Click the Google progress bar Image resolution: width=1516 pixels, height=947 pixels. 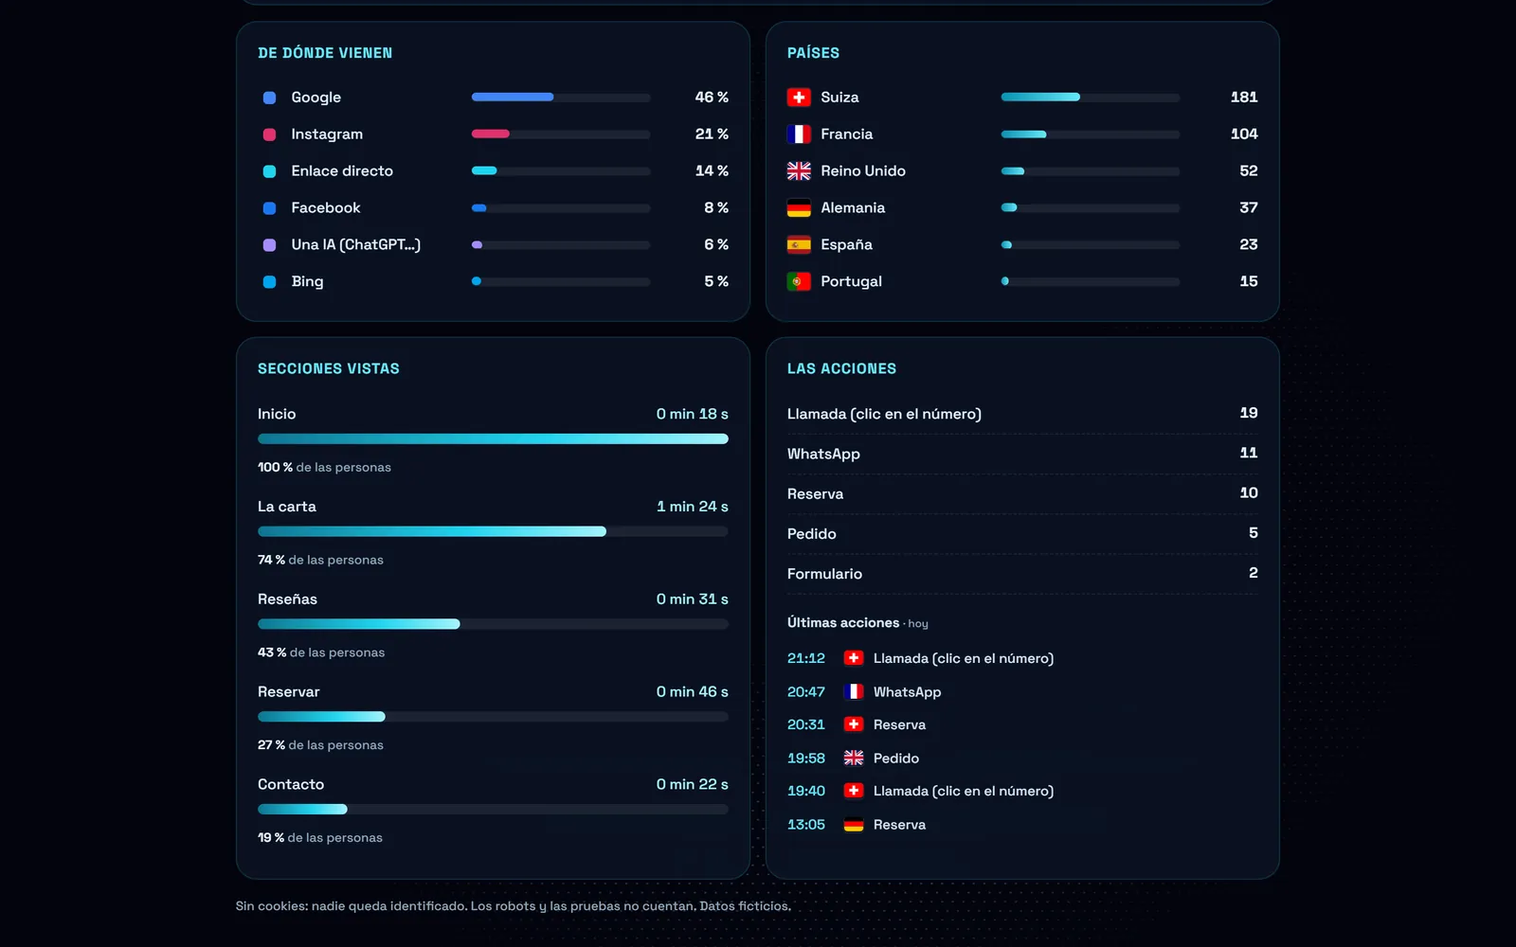[560, 98]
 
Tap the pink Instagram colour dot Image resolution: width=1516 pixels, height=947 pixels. [269, 134]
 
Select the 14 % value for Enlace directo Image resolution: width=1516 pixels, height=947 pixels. [712, 171]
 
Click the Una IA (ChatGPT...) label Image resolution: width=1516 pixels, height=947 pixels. [355, 245]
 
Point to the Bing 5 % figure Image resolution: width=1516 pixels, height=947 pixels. [716, 281]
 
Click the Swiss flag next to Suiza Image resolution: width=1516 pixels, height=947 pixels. [799, 98]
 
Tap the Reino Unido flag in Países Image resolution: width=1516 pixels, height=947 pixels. [799, 171]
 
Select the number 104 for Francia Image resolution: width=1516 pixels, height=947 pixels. [1244, 134]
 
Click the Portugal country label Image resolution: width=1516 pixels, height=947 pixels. [851, 281]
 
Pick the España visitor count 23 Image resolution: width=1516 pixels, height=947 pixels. [1249, 244]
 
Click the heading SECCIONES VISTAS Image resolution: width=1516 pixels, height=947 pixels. [328, 368]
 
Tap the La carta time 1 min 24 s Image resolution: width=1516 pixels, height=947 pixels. [693, 507]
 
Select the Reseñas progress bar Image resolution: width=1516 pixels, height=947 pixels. [493, 624]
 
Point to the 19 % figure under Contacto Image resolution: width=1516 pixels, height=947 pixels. [271, 837]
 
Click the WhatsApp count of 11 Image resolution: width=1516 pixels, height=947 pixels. [1249, 453]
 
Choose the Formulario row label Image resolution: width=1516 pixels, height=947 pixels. [824, 574]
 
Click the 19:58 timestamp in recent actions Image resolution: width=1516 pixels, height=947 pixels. [806, 759]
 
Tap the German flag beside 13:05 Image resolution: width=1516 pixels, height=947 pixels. [854, 825]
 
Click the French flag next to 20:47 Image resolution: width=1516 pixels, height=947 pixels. [854, 691]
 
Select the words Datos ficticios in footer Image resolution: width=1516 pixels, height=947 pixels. [745, 905]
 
